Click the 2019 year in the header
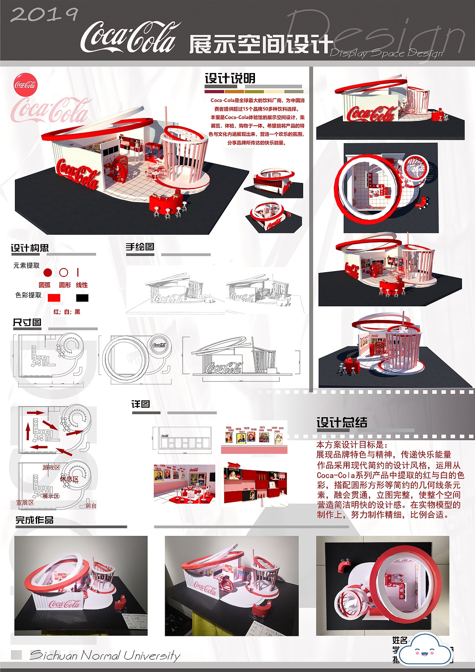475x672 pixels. (44, 14)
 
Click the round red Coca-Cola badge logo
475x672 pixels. (25, 85)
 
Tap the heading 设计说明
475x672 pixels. (230, 79)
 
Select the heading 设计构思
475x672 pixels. (30, 248)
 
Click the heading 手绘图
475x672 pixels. (140, 247)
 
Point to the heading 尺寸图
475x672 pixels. (27, 322)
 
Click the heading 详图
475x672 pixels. (141, 404)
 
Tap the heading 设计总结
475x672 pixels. (342, 422)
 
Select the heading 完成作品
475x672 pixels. (34, 520)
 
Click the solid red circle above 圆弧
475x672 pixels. (47, 273)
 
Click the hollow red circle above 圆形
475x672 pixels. (64, 273)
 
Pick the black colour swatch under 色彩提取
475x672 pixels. (82, 298)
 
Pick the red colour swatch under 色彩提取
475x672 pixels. (54, 298)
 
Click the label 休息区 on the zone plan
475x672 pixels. (69, 479)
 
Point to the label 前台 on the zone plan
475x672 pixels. (91, 505)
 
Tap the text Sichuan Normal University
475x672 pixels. (105, 655)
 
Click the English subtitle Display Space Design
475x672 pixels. (386, 53)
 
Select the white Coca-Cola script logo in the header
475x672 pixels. (128, 38)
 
